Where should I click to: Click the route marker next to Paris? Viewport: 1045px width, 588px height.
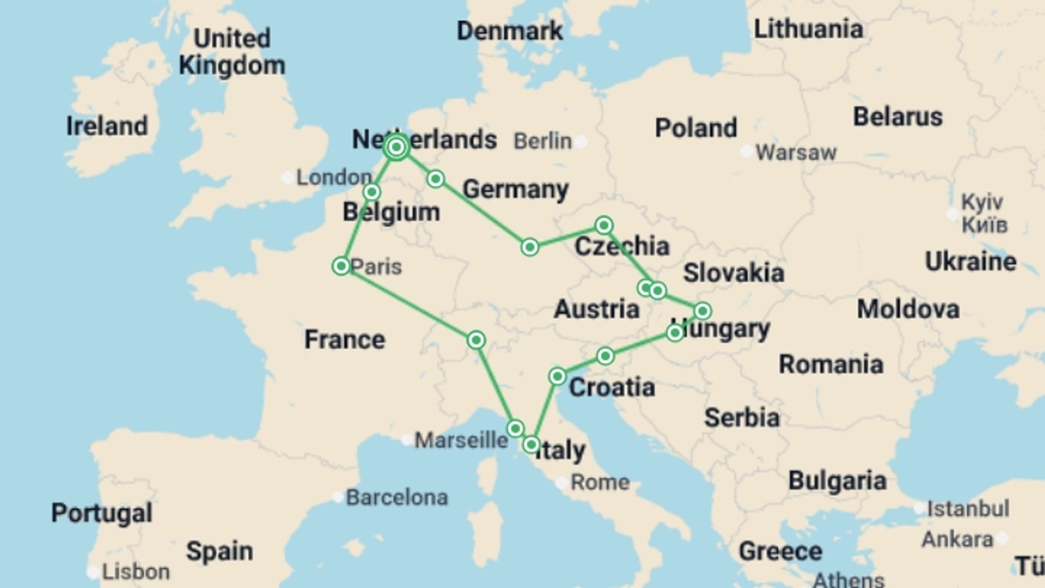click(x=341, y=266)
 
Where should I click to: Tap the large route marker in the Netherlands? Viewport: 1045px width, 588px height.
click(x=396, y=147)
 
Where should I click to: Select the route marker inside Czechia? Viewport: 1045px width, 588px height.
click(x=604, y=225)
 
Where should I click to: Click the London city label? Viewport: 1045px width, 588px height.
click(x=334, y=177)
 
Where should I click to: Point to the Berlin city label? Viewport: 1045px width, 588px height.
click(x=543, y=142)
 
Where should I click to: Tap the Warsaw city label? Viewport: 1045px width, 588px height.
click(x=796, y=152)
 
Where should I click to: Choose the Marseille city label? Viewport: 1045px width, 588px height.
click(x=461, y=440)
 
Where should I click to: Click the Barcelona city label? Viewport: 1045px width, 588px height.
click(x=397, y=498)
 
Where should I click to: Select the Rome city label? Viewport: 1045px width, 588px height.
click(x=600, y=482)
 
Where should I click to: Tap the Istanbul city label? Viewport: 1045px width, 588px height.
click(x=968, y=509)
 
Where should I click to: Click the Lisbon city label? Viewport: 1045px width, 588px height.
click(x=136, y=572)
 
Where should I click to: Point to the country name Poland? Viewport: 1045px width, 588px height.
click(x=696, y=128)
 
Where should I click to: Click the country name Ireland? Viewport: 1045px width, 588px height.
click(x=107, y=126)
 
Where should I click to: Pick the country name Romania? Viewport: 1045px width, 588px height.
click(x=831, y=364)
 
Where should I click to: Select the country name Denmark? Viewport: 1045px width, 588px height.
click(x=509, y=31)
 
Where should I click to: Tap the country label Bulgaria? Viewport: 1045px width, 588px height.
click(x=837, y=481)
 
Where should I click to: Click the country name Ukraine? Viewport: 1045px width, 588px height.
click(x=970, y=262)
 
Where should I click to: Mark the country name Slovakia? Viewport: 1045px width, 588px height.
click(x=733, y=273)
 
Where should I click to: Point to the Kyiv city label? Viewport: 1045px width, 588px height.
click(x=981, y=203)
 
